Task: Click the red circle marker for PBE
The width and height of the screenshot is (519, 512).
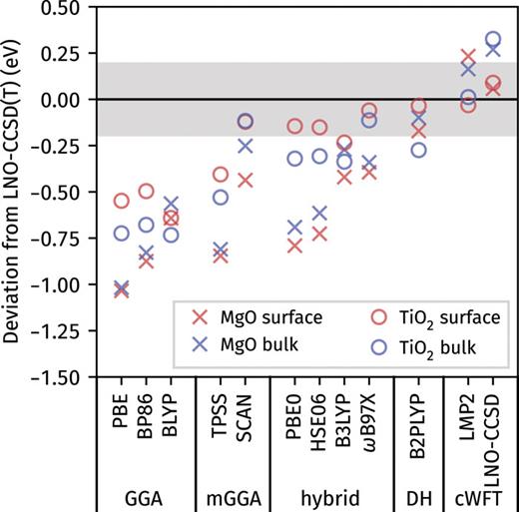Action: point(122,201)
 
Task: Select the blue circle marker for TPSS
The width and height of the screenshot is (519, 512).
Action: point(221,197)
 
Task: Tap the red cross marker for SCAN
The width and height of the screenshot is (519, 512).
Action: point(246,181)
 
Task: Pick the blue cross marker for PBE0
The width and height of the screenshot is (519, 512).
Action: point(294,228)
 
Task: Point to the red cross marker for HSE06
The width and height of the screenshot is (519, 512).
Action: point(319,234)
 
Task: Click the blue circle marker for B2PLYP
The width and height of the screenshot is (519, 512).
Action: point(418,150)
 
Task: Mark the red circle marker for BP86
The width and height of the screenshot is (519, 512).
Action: point(146,191)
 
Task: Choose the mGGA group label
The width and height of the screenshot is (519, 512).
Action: point(233,493)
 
